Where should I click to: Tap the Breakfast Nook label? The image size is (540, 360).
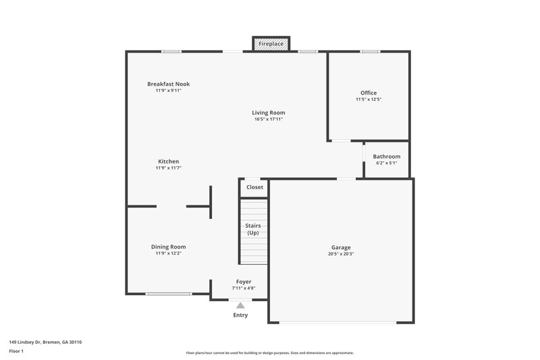(x=168, y=84)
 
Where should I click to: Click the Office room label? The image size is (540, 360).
(x=369, y=93)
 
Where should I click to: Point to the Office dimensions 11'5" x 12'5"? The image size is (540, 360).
(x=369, y=99)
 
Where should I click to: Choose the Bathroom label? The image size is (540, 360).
(x=386, y=156)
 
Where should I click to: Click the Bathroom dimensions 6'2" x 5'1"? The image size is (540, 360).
(x=386, y=163)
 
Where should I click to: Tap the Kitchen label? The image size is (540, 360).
(x=168, y=161)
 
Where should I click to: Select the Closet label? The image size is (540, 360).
(x=254, y=187)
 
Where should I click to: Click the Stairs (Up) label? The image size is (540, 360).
(x=253, y=229)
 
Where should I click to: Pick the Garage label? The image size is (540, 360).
(x=340, y=247)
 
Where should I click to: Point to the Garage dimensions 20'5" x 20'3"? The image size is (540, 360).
(x=340, y=254)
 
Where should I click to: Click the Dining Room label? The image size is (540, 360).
(x=168, y=247)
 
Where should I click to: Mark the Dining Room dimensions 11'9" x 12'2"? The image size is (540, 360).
(x=168, y=253)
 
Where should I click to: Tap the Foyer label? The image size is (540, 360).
(x=243, y=282)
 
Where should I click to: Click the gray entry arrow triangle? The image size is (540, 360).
(x=240, y=305)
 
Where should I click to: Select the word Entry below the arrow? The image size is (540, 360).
(x=240, y=315)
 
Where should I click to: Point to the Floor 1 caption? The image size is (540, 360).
(x=16, y=351)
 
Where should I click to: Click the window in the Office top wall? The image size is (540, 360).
(x=369, y=51)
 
